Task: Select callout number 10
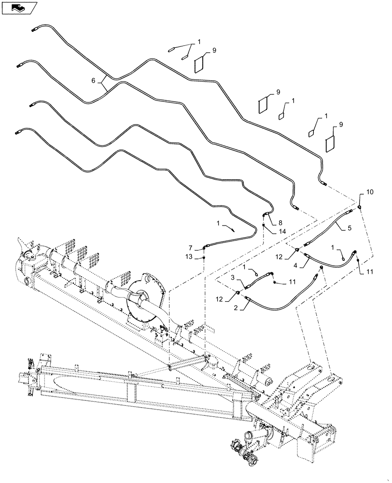pyautogui.click(x=369, y=192)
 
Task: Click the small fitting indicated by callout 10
pyautogui.click(x=360, y=206)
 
